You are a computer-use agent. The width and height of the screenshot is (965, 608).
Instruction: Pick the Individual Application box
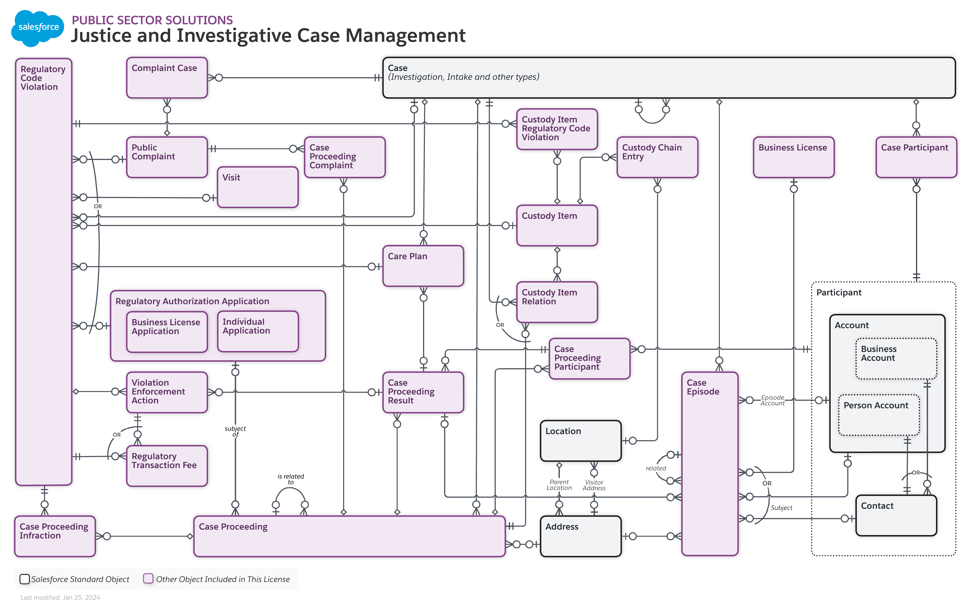[258, 331]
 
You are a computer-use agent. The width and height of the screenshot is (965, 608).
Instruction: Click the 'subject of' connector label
[235, 431]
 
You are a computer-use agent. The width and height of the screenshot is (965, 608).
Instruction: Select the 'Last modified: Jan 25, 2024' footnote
[60, 597]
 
